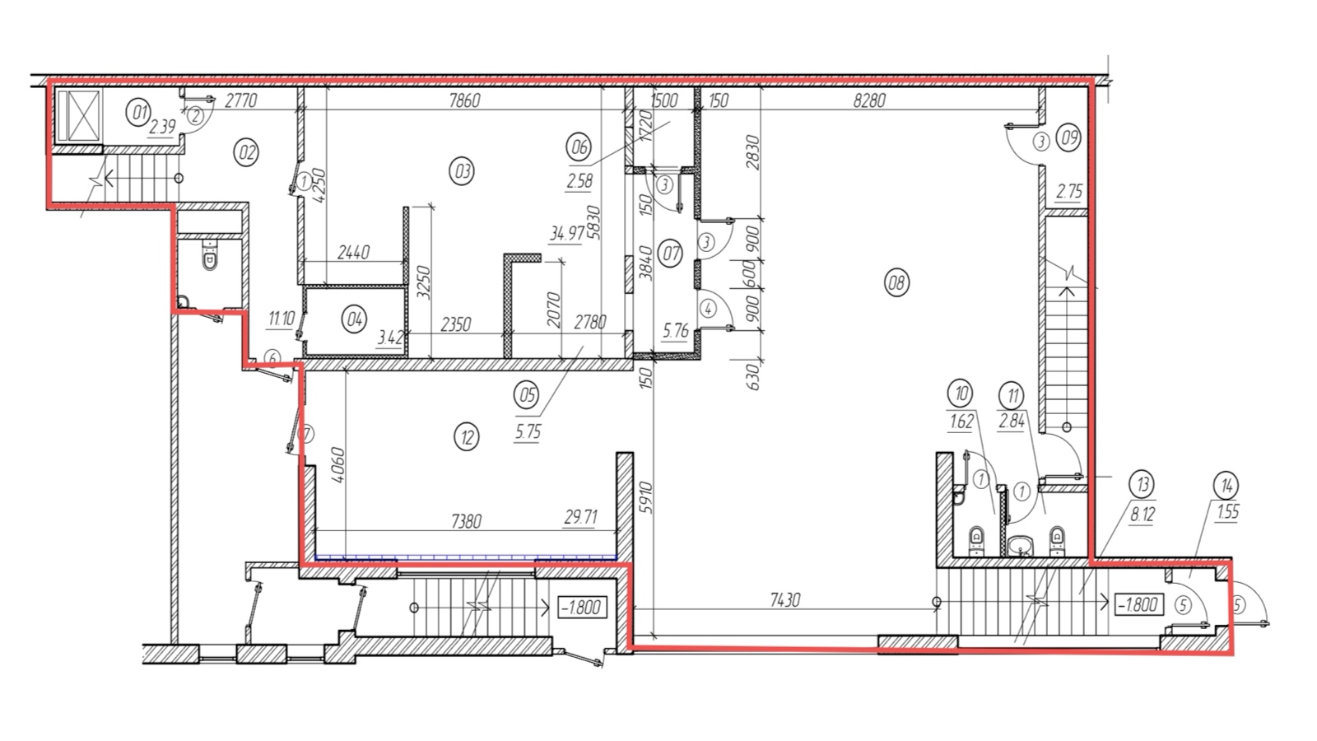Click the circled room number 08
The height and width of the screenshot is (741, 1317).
coord(896,283)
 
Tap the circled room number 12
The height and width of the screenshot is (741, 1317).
coord(467,437)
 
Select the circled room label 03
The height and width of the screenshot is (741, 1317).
coord(462,171)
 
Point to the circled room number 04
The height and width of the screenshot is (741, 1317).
coord(355,319)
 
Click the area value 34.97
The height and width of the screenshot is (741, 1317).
coord(567,234)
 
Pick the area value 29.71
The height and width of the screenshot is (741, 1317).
coord(581,517)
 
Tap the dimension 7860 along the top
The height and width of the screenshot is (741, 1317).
coord(464,100)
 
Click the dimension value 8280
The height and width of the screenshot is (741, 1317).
coord(869,100)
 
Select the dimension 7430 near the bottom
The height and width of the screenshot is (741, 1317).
coord(785,600)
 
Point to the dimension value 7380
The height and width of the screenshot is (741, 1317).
coord(466,521)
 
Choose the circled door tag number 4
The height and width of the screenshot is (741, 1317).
coord(709,308)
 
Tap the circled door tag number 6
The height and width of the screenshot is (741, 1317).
coord(272,357)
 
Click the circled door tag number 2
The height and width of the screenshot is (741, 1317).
coord(196,116)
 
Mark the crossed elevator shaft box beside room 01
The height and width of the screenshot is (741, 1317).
coord(78,116)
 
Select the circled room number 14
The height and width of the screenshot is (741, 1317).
coord(1226,486)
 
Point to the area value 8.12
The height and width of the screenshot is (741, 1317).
coord(1142,515)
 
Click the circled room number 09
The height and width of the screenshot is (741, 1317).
coord(1068,138)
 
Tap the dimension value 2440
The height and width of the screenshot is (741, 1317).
coord(354,252)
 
